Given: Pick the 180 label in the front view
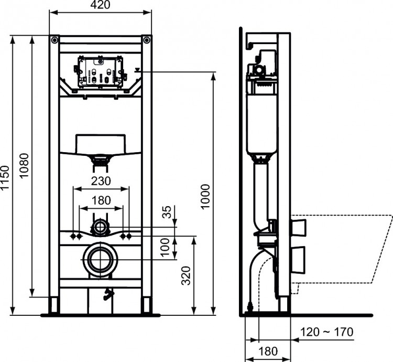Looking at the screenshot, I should [101, 200].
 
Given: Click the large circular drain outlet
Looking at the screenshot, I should [101, 260].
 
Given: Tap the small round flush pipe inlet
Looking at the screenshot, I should [100, 228].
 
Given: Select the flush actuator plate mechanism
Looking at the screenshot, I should [100, 72].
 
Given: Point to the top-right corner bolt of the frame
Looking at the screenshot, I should [146, 40].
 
